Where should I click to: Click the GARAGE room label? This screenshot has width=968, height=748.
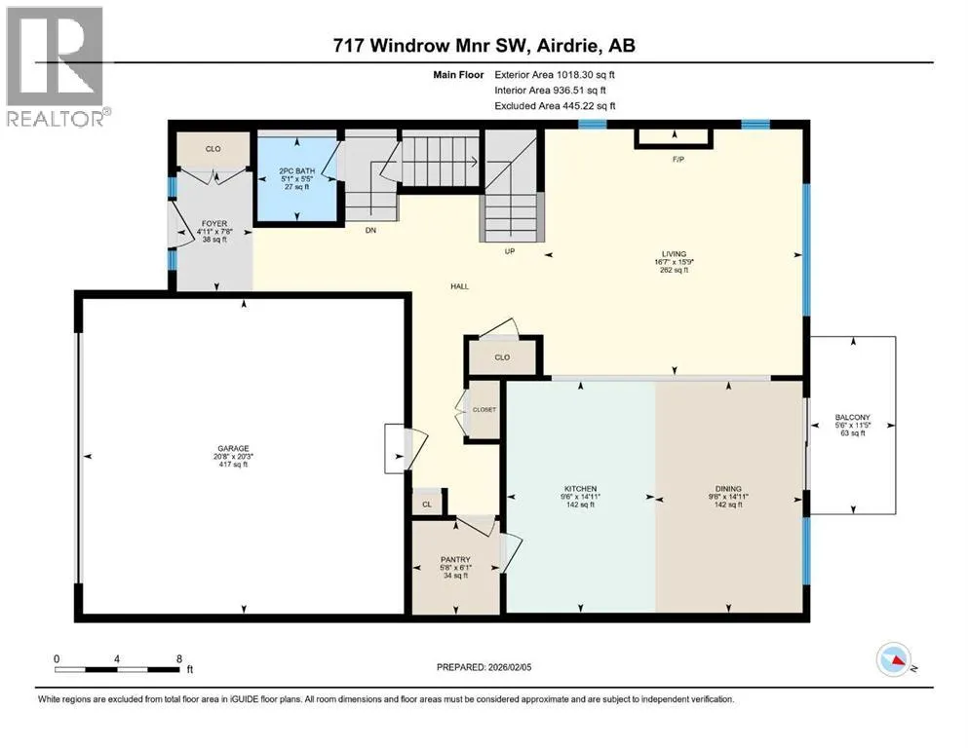[x=233, y=448]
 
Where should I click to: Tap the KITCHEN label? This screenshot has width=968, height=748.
[x=580, y=488]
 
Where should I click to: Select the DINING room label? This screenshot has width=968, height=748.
[x=728, y=488]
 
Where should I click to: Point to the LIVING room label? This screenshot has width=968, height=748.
[x=675, y=253]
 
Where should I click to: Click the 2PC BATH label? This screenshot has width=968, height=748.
[x=297, y=170]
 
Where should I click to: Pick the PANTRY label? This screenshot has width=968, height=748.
[x=455, y=559]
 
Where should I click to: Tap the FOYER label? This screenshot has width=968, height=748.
[x=214, y=223]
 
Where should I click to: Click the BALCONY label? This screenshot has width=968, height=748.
[x=853, y=418]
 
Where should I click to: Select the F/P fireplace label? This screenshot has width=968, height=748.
[x=678, y=159]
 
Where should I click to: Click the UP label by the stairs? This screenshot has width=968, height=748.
[x=510, y=251]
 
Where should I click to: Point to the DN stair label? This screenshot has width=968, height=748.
[x=370, y=230]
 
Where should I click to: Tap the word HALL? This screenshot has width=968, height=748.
[x=459, y=286]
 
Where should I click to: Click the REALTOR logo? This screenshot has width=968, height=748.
[x=56, y=66]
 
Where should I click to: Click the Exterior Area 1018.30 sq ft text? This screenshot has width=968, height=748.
[x=555, y=75]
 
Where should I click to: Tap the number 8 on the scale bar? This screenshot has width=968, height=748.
[x=179, y=658]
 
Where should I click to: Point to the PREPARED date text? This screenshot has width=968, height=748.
[x=484, y=666]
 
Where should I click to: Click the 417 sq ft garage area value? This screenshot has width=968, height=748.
[x=233, y=464]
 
